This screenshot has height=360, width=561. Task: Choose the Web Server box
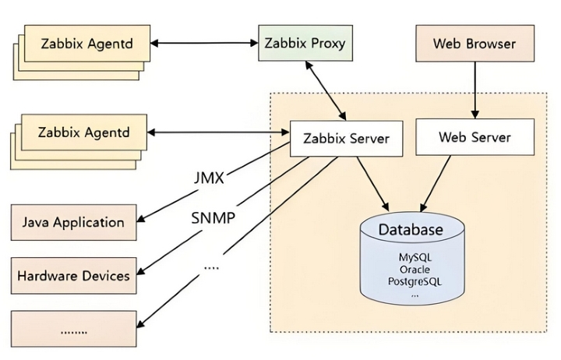point(475,137)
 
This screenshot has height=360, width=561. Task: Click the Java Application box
point(72,222)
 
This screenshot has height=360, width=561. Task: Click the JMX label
point(209,178)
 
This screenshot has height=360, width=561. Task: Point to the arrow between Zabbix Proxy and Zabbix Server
point(324,90)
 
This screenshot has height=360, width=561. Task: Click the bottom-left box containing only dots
point(72,330)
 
